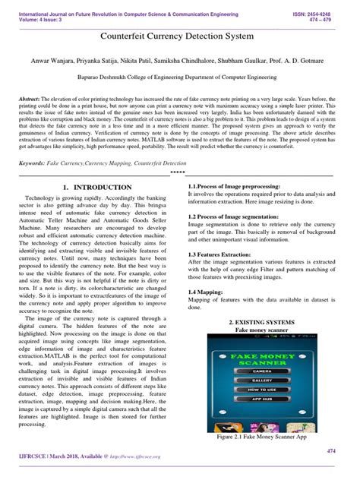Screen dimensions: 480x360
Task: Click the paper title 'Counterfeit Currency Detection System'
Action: tap(180, 36)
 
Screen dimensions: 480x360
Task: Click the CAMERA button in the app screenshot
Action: tap(263, 371)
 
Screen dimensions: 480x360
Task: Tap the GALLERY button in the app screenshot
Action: tap(263, 380)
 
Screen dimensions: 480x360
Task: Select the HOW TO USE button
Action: tap(263, 390)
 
